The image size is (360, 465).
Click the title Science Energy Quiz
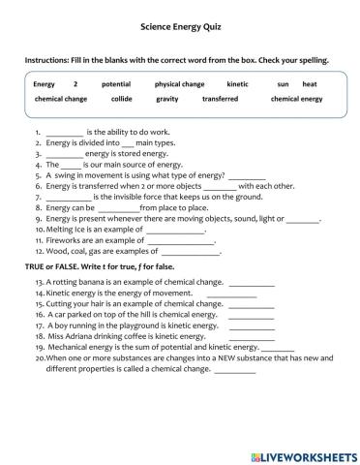pos(179,32)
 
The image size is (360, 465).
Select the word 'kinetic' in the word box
pos(237,84)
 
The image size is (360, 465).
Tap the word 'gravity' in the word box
pos(167,99)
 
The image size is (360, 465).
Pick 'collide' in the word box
pos(122,99)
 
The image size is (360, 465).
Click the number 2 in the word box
pos(75,84)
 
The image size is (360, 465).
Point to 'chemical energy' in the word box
pos(296,99)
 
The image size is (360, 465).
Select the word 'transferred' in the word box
pos(221,99)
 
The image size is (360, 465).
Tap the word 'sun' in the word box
pos(283,84)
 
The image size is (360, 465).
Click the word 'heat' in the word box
pos(310,84)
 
